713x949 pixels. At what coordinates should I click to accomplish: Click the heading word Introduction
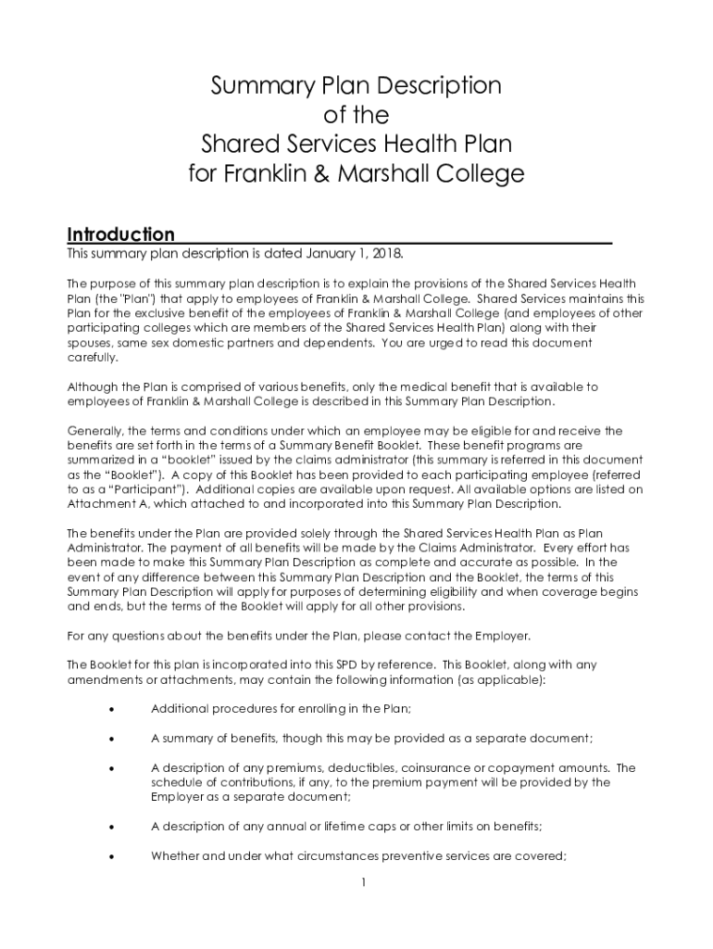120,234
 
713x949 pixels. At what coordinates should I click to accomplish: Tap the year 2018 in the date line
385,253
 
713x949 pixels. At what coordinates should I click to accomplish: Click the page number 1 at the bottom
365,882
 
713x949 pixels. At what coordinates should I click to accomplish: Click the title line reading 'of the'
356,116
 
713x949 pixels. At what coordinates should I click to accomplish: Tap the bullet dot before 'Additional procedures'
112,710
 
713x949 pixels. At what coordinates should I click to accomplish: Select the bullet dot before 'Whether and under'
112,857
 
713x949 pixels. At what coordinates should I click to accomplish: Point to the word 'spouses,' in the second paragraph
91,342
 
